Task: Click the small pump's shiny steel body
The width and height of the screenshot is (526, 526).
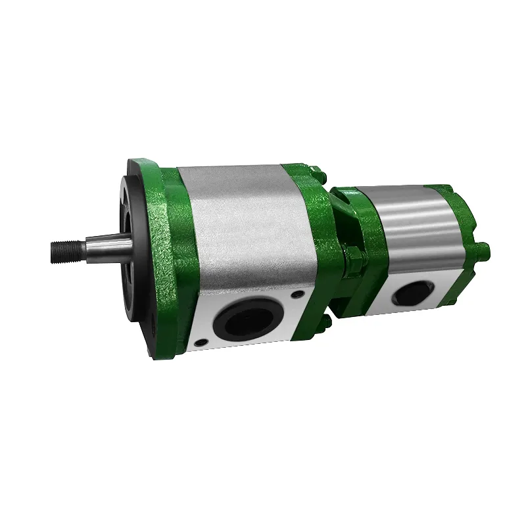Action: (x=414, y=224)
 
